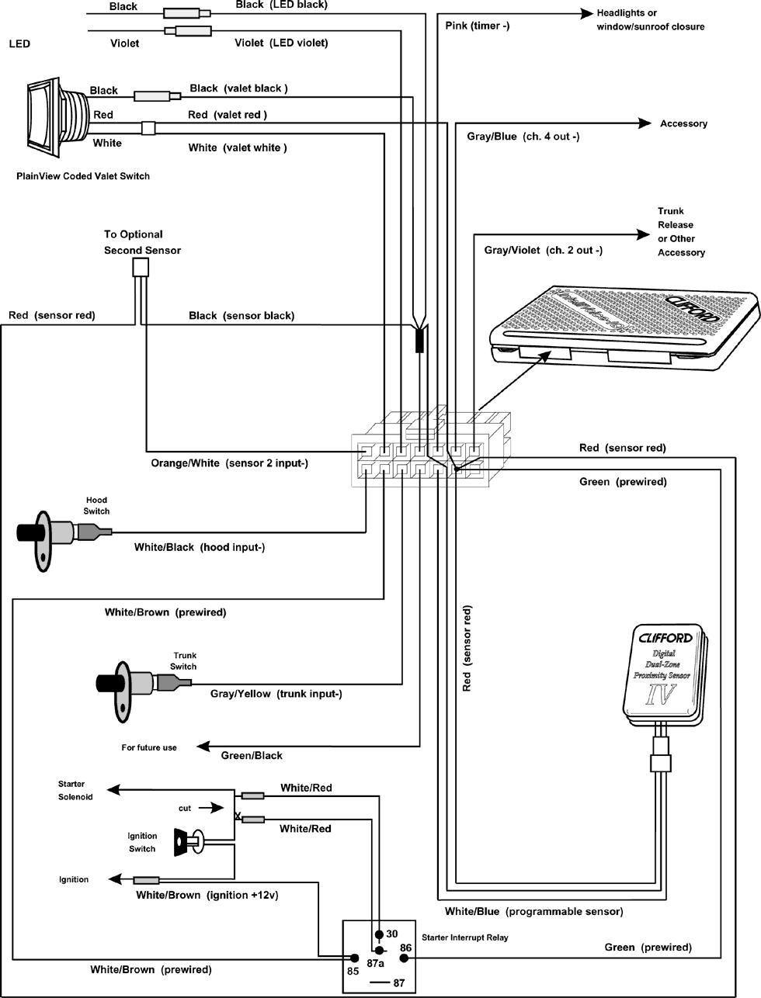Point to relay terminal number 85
click(353, 970)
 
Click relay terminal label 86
click(405, 948)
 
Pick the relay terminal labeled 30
click(392, 934)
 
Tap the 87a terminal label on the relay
click(376, 963)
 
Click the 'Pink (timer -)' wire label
click(478, 26)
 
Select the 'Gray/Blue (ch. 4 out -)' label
click(523, 137)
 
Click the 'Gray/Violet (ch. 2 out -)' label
click(543, 250)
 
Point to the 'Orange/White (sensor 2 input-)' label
click(229, 463)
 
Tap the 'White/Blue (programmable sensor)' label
click(533, 911)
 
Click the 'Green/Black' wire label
click(252, 755)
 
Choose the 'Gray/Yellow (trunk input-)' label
click(276, 694)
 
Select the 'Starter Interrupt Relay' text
click(464, 937)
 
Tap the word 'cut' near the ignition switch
click(185, 808)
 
